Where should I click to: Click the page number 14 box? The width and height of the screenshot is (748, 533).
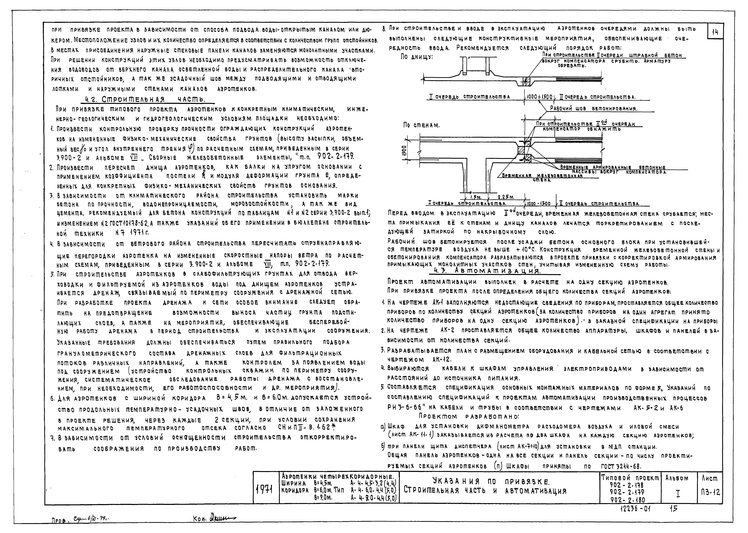pyautogui.click(x=715, y=32)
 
